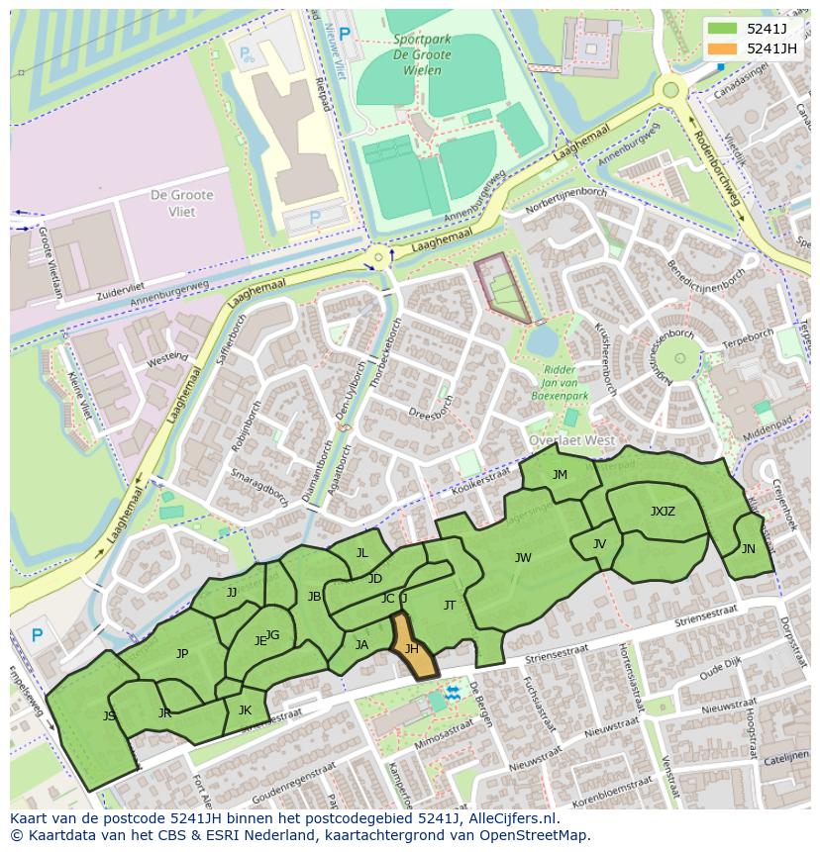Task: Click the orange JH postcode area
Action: click(413, 650)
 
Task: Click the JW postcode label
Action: click(523, 558)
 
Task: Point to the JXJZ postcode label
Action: click(663, 512)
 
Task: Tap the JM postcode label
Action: click(560, 475)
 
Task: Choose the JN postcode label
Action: click(748, 549)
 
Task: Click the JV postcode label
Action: click(599, 544)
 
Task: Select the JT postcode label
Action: click(450, 606)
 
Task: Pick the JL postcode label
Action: click(361, 553)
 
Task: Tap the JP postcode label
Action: click(182, 654)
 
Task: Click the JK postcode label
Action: click(245, 710)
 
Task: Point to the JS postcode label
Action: click(109, 715)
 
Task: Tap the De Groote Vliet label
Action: click(174, 204)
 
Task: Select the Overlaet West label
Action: click(572, 440)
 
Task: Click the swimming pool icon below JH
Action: click(453, 693)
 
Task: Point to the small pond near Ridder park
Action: click(542, 341)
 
